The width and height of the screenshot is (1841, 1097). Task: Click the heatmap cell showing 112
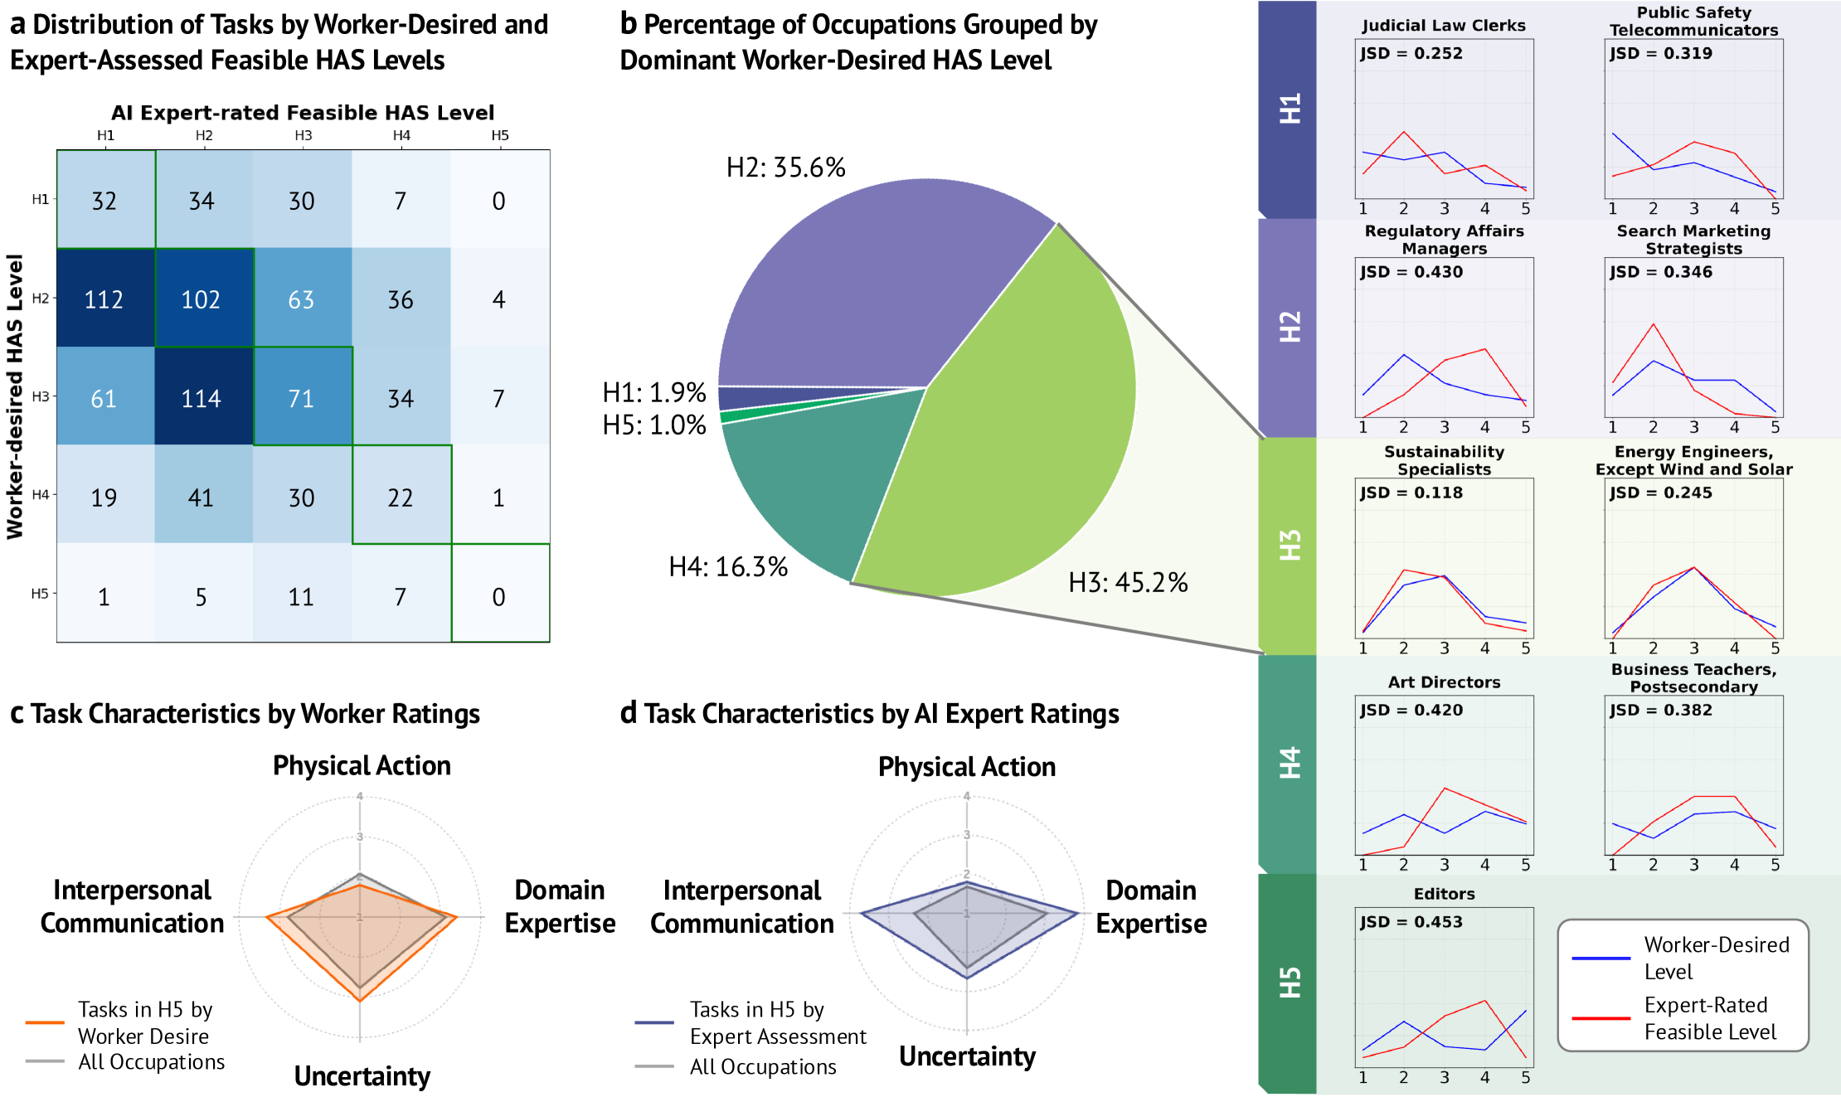click(x=104, y=299)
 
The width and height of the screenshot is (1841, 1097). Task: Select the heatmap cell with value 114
click(x=202, y=398)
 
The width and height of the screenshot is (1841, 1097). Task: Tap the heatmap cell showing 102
click(x=202, y=299)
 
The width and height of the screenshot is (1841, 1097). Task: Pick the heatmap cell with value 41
click(x=202, y=498)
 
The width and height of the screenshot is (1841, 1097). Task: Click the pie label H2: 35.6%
click(x=785, y=168)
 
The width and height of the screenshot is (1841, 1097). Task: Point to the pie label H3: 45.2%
click(x=1128, y=583)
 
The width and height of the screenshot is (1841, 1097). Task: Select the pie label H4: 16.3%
click(x=728, y=567)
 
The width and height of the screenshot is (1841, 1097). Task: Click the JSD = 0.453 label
click(x=1411, y=922)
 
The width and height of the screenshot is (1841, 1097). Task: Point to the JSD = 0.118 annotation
click(x=1411, y=493)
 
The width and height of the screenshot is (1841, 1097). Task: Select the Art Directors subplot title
click(x=1444, y=682)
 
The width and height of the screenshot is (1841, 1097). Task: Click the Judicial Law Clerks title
click(x=1443, y=26)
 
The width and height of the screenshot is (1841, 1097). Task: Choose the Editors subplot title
click(x=1444, y=894)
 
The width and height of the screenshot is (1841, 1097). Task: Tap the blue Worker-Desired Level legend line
click(x=1601, y=959)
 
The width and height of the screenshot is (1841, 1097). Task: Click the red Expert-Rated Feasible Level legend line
click(x=1601, y=1018)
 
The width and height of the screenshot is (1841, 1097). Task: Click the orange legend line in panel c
click(x=45, y=1022)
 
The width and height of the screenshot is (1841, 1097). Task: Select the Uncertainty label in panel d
click(x=967, y=1056)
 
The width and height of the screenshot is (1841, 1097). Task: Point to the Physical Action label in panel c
click(x=362, y=765)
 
